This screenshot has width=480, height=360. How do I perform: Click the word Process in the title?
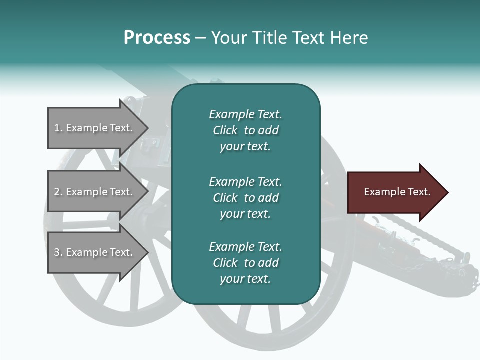point(157,38)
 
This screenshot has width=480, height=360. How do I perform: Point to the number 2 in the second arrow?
point(57,192)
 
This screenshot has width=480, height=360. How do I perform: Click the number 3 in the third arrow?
point(57,252)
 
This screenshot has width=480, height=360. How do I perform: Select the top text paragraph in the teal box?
point(245,130)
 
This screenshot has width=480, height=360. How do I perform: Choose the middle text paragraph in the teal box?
point(245,198)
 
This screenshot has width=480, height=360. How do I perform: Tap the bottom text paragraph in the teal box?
point(245,263)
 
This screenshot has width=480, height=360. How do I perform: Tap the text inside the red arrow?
point(397,192)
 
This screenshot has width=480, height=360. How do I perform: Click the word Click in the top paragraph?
point(225,130)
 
